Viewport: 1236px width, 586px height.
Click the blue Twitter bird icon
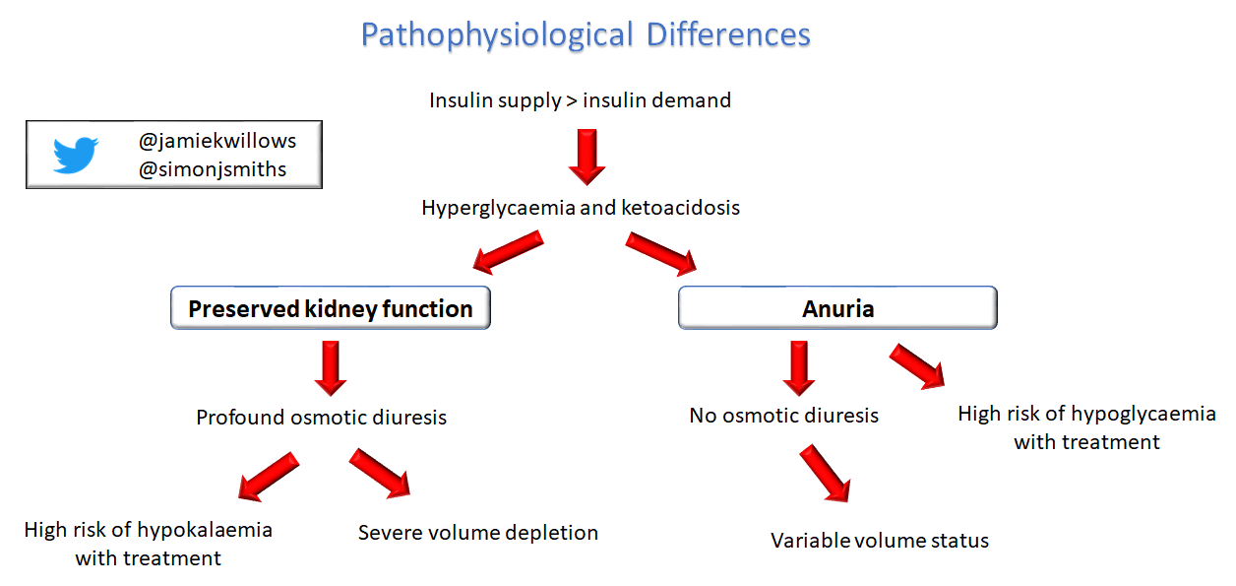76,155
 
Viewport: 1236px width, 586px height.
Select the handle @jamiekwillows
217,142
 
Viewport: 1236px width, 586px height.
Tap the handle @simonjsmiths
213,169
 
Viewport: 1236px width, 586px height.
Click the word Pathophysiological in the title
497,35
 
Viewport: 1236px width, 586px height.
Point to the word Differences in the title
728,34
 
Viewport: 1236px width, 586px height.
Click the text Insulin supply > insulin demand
580,100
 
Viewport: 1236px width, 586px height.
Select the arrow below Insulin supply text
587,158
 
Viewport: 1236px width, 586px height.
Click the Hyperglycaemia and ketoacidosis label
581,208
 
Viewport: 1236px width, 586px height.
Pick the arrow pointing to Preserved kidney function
508,252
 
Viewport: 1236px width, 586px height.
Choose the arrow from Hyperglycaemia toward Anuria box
661,253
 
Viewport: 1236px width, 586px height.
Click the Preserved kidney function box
331,307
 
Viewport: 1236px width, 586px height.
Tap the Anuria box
837,307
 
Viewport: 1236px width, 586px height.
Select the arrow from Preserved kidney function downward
331,368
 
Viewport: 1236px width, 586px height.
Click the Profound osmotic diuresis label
321,418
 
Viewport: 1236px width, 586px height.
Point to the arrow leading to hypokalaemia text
269,477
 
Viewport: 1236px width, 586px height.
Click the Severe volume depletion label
478,533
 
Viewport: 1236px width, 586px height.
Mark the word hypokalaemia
205,530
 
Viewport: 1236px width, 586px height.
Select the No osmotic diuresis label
783,416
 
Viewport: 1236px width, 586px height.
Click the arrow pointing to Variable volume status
825,473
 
